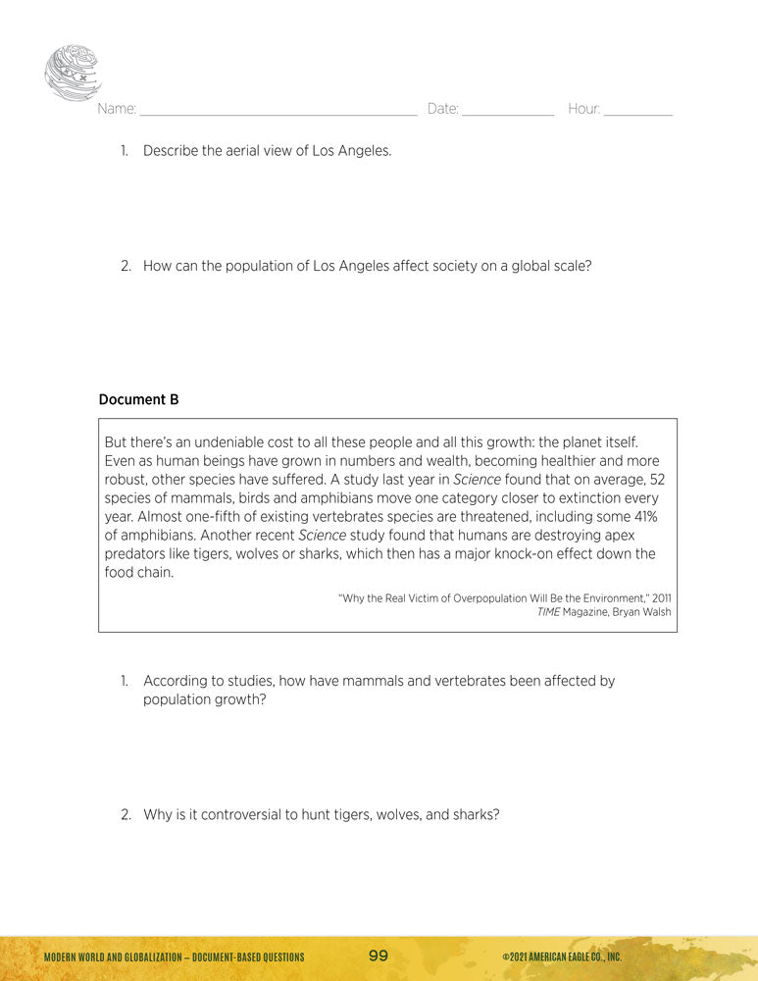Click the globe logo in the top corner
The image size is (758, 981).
[x=73, y=74]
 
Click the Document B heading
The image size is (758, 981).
[x=138, y=399]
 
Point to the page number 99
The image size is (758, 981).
[x=379, y=955]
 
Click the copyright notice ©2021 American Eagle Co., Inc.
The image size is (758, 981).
[x=562, y=956]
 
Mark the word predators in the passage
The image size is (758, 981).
[x=137, y=554]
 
